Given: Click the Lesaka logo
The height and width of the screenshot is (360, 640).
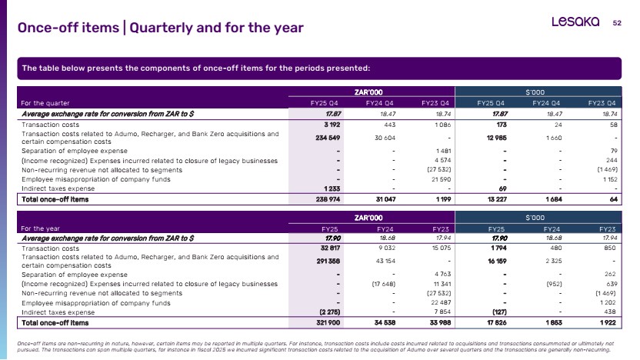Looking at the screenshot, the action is [575, 22].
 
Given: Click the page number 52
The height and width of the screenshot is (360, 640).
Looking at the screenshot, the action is [617, 23].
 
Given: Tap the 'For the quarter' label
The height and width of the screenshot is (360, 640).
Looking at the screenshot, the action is [45, 103].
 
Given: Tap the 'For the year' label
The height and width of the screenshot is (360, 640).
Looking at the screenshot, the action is [41, 228].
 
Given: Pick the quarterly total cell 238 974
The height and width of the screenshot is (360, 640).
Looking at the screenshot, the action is [328, 199].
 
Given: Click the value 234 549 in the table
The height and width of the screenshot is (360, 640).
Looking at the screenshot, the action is [328, 138].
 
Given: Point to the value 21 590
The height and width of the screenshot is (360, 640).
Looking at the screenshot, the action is [442, 179].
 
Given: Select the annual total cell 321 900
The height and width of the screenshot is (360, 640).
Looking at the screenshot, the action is [328, 322].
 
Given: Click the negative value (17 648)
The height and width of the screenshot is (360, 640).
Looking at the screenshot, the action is [383, 284].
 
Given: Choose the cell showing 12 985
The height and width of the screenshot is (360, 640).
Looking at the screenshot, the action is [496, 138].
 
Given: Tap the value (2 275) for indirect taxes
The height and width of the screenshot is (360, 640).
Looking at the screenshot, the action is [330, 312].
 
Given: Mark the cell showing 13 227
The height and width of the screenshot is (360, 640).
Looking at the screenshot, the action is [497, 199].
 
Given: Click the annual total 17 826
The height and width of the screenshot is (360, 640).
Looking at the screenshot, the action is [497, 322].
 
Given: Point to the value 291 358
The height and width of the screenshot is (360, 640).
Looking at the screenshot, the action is [328, 261].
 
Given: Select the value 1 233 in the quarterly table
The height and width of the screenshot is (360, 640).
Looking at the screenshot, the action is [332, 188].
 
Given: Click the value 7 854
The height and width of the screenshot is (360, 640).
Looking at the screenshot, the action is [442, 312].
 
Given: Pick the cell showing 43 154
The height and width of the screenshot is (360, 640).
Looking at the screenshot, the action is [385, 261].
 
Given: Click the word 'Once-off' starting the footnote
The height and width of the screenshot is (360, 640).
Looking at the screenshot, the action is [25, 344].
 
